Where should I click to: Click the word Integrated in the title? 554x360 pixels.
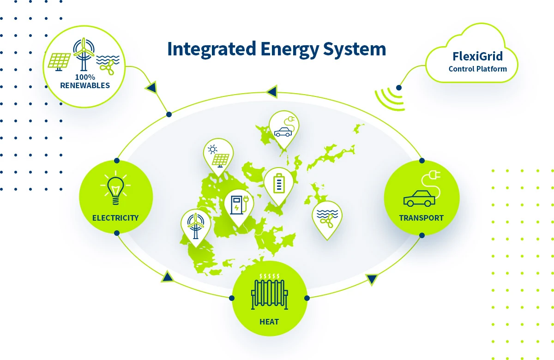(x=211, y=49)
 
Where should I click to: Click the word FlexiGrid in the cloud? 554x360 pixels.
(x=477, y=56)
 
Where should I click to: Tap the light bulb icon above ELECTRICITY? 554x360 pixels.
(x=115, y=188)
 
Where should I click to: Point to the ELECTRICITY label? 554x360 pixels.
(x=115, y=218)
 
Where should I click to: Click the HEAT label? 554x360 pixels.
(x=269, y=322)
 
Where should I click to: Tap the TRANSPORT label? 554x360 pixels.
(x=422, y=218)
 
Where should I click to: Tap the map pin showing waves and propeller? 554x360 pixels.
(x=327, y=220)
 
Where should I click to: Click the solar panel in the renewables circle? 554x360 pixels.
(x=59, y=62)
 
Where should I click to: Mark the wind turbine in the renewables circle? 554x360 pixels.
(x=84, y=54)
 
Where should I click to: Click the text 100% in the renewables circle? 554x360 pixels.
(x=85, y=77)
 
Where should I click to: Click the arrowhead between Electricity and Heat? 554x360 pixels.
(x=168, y=276)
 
